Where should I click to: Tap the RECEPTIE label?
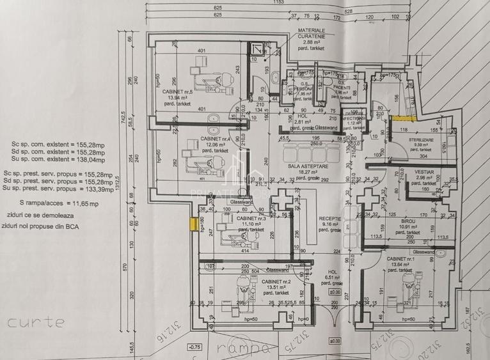[x=330, y=219]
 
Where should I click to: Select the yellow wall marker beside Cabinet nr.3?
[x=192, y=224]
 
